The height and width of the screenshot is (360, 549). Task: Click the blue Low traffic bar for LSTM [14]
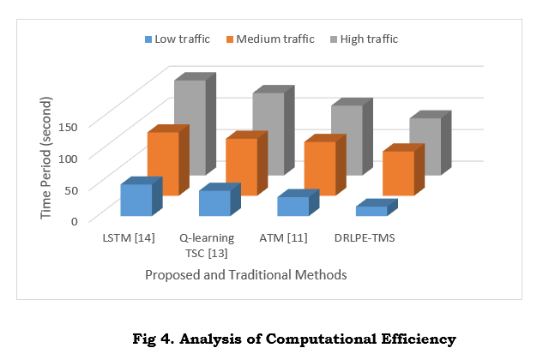136,200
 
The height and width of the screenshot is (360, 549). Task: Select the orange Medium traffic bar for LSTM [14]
162,163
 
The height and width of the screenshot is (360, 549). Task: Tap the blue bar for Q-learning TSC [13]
214,203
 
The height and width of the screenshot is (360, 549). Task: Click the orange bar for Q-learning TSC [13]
241,166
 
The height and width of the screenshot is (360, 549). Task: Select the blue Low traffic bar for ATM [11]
293,206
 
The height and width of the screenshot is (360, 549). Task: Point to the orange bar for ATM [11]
319,168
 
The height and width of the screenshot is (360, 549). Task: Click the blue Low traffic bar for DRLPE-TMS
371,211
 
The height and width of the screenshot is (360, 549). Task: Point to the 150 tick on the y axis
68,126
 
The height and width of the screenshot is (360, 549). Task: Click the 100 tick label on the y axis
68,158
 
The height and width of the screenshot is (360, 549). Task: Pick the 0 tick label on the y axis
74,220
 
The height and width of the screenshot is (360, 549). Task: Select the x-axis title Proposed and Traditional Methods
245,275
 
